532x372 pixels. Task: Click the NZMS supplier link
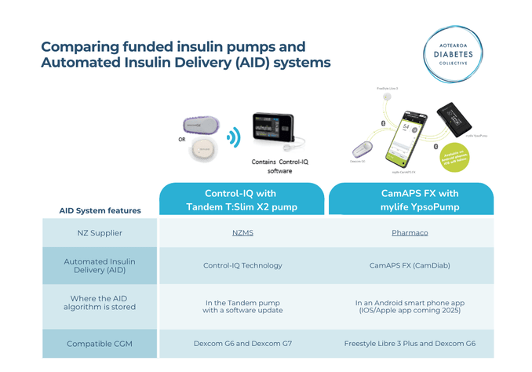pyautogui.click(x=242, y=232)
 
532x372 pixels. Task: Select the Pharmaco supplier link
pyautogui.click(x=410, y=232)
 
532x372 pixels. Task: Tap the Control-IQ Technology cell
pyautogui.click(x=242, y=265)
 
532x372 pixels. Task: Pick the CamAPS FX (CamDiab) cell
pyautogui.click(x=410, y=265)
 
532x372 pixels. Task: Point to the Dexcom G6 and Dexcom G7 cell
pyautogui.click(x=242, y=343)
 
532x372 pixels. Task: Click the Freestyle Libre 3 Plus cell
pyautogui.click(x=410, y=343)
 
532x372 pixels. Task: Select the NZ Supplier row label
pyautogui.click(x=100, y=232)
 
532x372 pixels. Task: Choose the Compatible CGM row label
pyautogui.click(x=100, y=343)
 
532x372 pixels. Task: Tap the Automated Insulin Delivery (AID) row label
pyautogui.click(x=100, y=265)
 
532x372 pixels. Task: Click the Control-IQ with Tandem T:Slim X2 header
pyautogui.click(x=242, y=199)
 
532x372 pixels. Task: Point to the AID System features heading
pyautogui.click(x=100, y=210)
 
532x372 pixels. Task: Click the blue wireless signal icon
pyautogui.click(x=232, y=139)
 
